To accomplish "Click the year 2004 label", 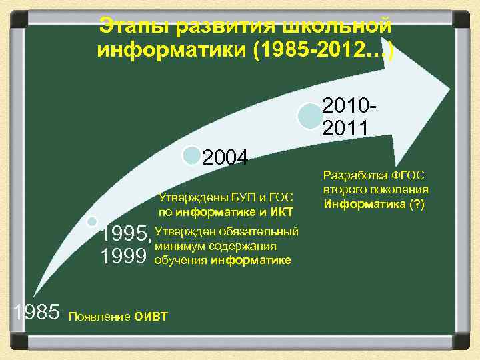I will pos(225,158).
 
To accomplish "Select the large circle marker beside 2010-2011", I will pos(309,115).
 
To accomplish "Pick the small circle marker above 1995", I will pos(92,221).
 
